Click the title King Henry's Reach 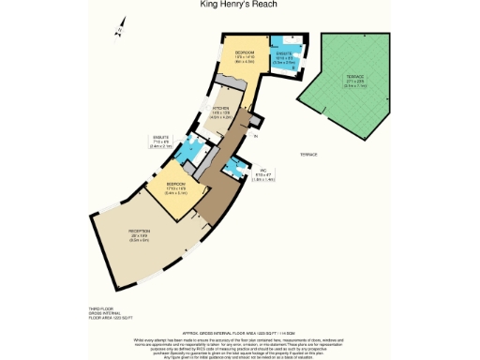coord(239,5)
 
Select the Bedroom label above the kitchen coord(245,55)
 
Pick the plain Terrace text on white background coord(308,154)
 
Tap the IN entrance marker coord(254,136)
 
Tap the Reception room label coord(140,232)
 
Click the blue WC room coord(234,169)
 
